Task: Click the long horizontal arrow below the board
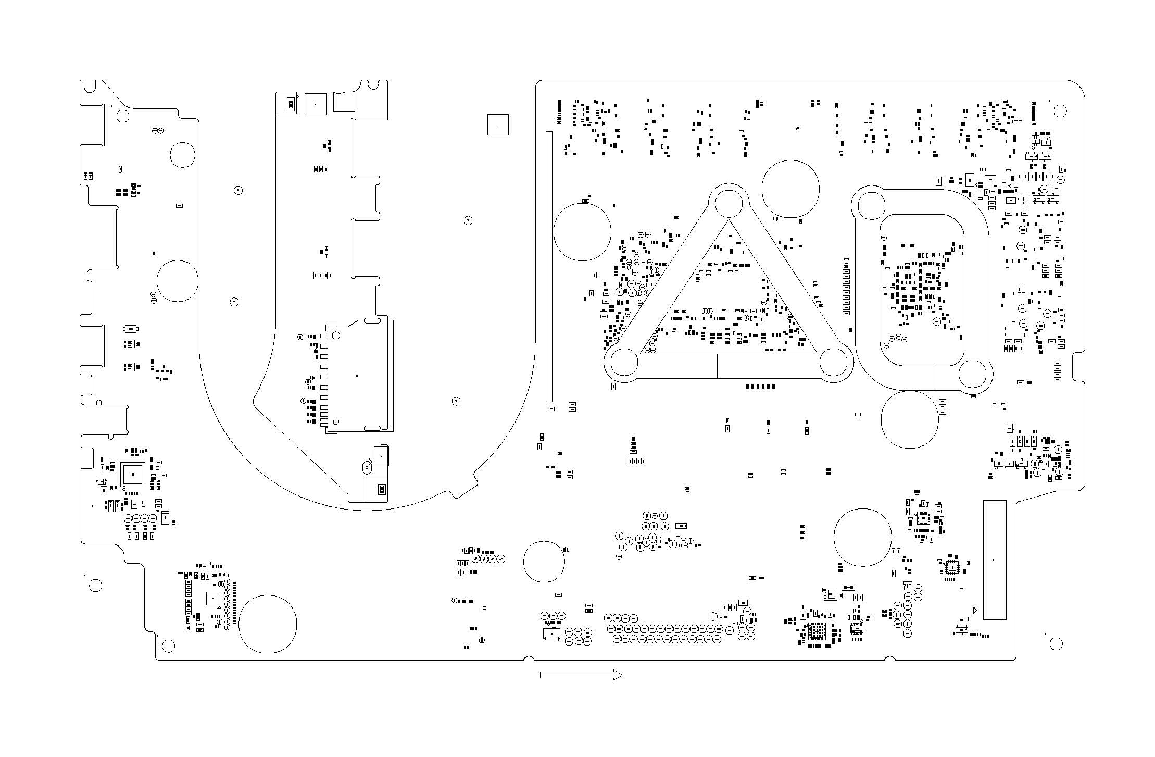click(x=581, y=675)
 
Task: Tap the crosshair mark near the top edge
click(x=798, y=128)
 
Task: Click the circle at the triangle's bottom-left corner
click(x=624, y=362)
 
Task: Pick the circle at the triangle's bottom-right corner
click(x=833, y=362)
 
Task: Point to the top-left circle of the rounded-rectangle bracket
click(x=871, y=206)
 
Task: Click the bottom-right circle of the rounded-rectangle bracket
click(x=972, y=374)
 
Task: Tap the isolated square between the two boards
click(x=498, y=125)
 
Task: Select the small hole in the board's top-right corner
click(x=1060, y=110)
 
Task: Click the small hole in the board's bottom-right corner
click(x=1056, y=644)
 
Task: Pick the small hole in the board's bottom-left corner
click(x=168, y=646)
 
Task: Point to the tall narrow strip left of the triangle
click(x=549, y=266)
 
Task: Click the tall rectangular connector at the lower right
click(x=994, y=560)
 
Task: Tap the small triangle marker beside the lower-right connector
click(x=975, y=610)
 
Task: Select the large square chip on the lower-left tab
click(x=133, y=475)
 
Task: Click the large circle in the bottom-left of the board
click(x=268, y=624)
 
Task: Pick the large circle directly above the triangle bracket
click(x=790, y=189)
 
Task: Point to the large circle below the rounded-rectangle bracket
click(x=910, y=419)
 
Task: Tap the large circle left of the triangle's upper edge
click(x=582, y=231)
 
